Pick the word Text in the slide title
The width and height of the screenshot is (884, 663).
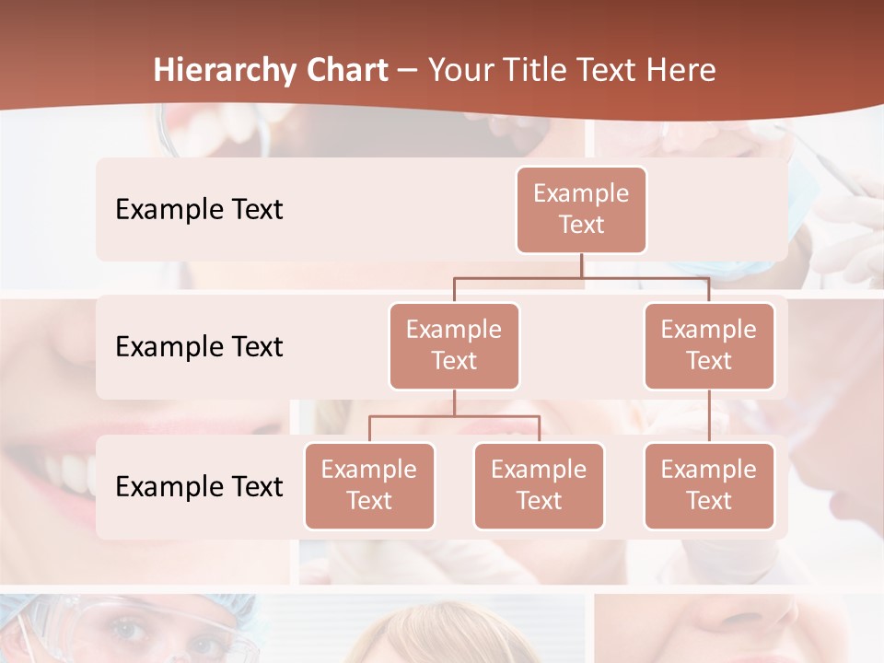tap(612, 71)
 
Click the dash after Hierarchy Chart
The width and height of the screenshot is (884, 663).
tap(407, 72)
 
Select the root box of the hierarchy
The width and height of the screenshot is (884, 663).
tap(581, 209)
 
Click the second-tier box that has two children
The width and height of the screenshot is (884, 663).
tap(454, 345)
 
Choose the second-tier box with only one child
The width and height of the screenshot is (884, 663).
tap(709, 345)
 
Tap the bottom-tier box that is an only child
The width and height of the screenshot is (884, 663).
tap(709, 485)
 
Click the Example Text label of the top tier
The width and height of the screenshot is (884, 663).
tap(199, 209)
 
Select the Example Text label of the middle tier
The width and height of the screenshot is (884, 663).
tap(199, 346)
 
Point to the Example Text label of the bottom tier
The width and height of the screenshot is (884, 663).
tap(199, 486)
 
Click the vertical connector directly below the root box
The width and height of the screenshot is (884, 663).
tap(581, 265)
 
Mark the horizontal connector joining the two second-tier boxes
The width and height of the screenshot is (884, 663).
tap(581, 277)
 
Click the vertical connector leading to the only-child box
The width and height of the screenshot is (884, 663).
tap(709, 415)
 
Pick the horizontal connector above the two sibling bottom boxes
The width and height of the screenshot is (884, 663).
tap(454, 416)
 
